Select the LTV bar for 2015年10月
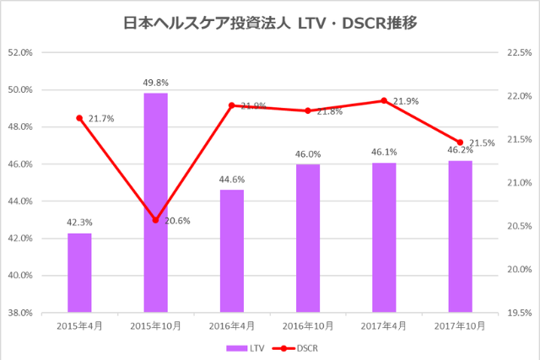(x=155, y=202)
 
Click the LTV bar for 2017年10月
(x=460, y=236)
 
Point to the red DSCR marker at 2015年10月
(x=155, y=220)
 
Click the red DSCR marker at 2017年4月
(x=384, y=100)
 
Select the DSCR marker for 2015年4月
(x=79, y=118)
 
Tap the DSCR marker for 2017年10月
(x=460, y=142)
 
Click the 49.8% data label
(x=155, y=83)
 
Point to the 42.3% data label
(x=79, y=223)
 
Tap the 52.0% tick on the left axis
(x=19, y=52)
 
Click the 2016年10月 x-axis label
(x=308, y=325)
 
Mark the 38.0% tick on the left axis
(x=19, y=313)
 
